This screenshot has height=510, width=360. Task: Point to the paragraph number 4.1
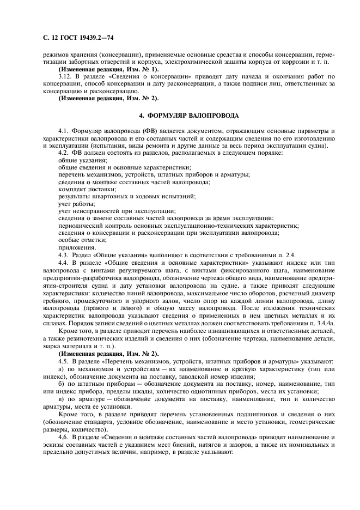(x=63, y=132)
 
